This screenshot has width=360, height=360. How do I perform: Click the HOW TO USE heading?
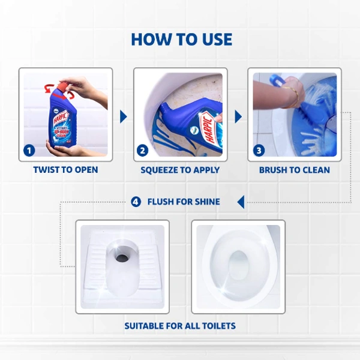181,40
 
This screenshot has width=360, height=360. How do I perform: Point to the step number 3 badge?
259,150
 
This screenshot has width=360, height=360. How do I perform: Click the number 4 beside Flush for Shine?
136,202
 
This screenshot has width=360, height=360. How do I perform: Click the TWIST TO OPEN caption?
65,170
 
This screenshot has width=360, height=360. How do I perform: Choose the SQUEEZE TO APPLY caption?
180,170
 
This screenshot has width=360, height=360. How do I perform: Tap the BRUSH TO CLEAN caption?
294,170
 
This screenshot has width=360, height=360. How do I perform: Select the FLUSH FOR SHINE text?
184,202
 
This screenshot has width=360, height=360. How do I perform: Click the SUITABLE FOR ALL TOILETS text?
180,326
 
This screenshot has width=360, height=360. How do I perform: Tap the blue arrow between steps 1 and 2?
123,116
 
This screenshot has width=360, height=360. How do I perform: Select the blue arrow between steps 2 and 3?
238,116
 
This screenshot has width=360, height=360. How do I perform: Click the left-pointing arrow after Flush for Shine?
241,202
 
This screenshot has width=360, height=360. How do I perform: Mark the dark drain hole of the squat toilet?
122,258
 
